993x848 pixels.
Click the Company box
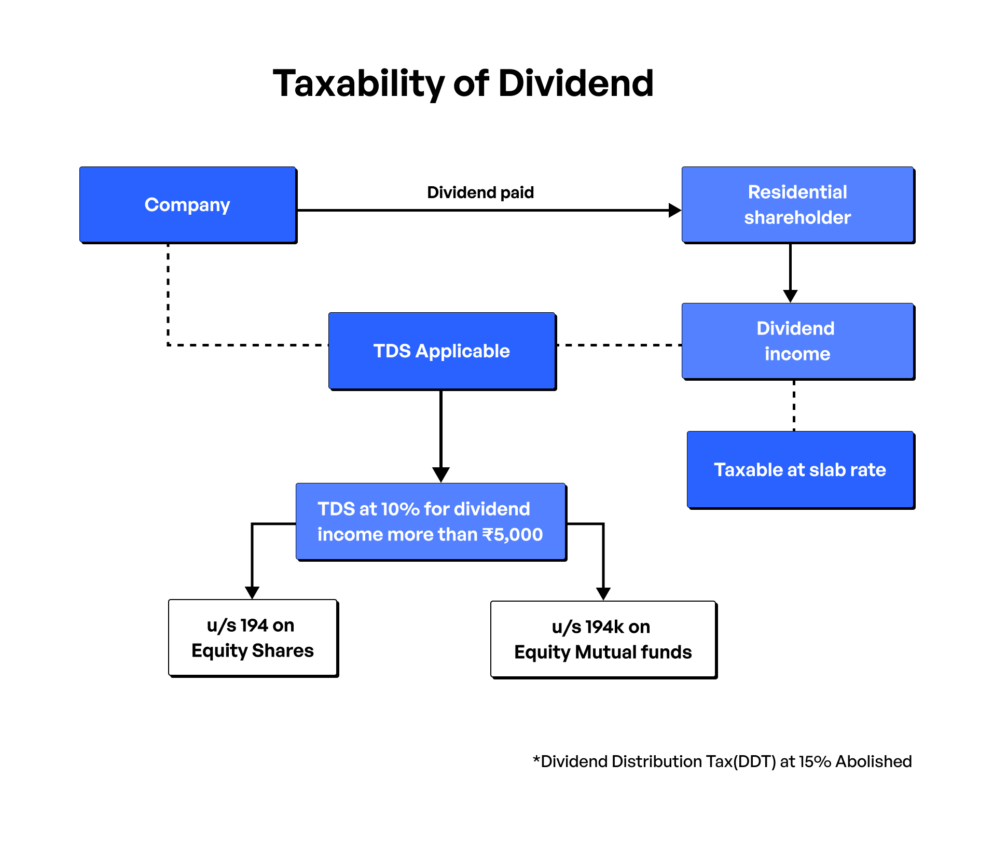click(x=187, y=205)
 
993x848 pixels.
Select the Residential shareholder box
click(x=797, y=205)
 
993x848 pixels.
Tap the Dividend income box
click(x=797, y=341)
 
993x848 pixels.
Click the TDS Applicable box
click(x=442, y=351)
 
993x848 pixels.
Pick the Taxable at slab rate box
click(x=800, y=470)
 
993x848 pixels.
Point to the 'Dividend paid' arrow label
click(x=480, y=192)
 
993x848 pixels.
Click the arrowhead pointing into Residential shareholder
click(x=674, y=210)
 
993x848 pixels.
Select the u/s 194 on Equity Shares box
click(x=253, y=638)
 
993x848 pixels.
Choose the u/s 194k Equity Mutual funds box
click(x=603, y=640)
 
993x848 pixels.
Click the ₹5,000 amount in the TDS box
click(x=513, y=535)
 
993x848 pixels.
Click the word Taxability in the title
click(x=358, y=84)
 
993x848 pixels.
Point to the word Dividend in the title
click(x=576, y=84)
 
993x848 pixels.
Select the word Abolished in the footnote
click(x=874, y=761)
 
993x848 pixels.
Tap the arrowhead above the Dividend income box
click(x=790, y=296)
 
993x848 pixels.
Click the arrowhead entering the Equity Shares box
click(x=252, y=593)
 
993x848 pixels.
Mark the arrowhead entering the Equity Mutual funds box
click(x=603, y=594)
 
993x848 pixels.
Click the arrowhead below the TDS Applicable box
click(x=441, y=475)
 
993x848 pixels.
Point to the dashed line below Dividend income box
click(x=794, y=406)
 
